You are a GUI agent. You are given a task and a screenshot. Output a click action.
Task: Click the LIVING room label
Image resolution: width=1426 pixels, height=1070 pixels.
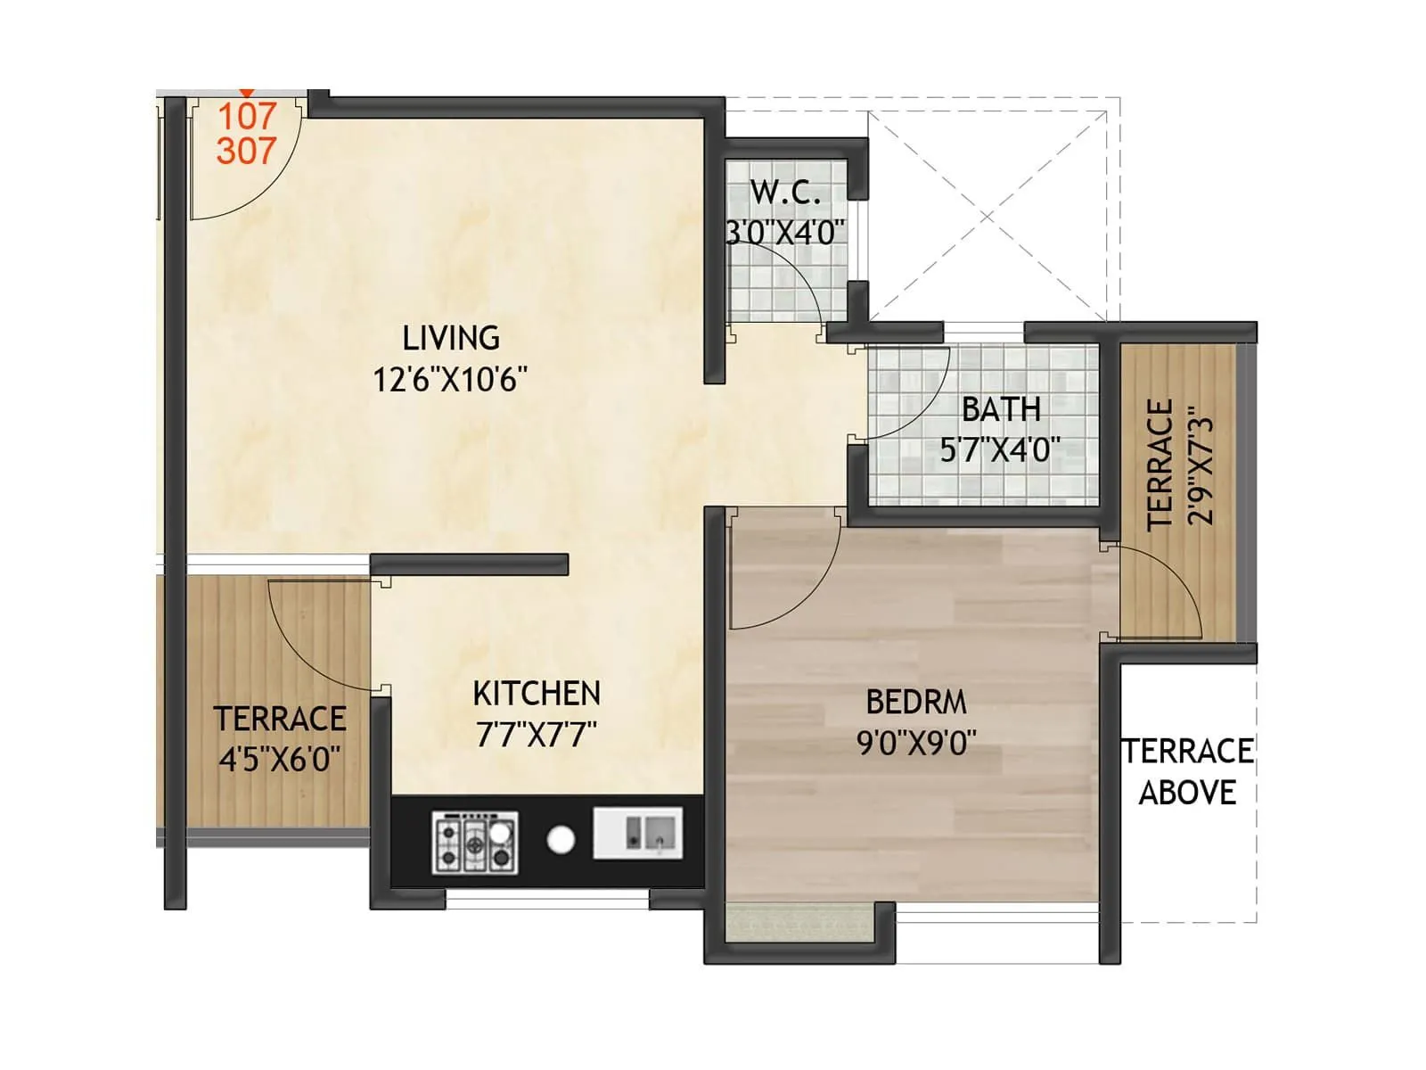(451, 339)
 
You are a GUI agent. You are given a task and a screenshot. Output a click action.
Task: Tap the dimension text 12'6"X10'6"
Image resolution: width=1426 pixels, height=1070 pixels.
(450, 381)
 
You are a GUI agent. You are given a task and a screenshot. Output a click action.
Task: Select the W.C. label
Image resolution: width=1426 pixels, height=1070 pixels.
(784, 192)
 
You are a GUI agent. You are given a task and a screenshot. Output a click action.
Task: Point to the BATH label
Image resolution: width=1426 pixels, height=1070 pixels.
(1001, 409)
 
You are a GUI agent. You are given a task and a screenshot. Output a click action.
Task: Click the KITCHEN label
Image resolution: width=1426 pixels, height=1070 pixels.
(537, 694)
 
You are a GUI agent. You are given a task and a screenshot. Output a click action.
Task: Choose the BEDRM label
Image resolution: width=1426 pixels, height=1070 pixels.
(916, 703)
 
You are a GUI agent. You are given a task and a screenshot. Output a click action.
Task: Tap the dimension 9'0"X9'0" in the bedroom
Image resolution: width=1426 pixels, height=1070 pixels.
(916, 743)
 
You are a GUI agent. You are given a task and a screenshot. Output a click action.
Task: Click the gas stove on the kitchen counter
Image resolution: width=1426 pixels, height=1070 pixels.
(476, 841)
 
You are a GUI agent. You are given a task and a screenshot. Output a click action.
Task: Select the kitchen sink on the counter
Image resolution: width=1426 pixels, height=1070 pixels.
(639, 833)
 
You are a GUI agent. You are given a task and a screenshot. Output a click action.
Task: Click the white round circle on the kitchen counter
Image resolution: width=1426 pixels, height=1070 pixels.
(561, 839)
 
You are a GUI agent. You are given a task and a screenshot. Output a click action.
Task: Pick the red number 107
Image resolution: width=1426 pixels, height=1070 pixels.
(247, 116)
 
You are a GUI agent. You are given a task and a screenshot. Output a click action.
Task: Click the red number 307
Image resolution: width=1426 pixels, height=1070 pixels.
(246, 151)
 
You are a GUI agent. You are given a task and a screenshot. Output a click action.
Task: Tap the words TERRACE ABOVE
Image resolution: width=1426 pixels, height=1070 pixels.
(1187, 772)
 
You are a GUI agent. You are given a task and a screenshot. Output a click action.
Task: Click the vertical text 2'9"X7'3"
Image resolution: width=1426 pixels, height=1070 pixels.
(1201, 465)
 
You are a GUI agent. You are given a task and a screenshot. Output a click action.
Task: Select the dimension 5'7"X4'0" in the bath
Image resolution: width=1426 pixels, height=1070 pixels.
(1000, 449)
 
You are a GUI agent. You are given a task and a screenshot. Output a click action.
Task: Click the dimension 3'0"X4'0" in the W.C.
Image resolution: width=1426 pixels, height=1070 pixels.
(784, 233)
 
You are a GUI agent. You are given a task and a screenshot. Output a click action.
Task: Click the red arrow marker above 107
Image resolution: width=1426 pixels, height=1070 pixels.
(247, 93)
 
